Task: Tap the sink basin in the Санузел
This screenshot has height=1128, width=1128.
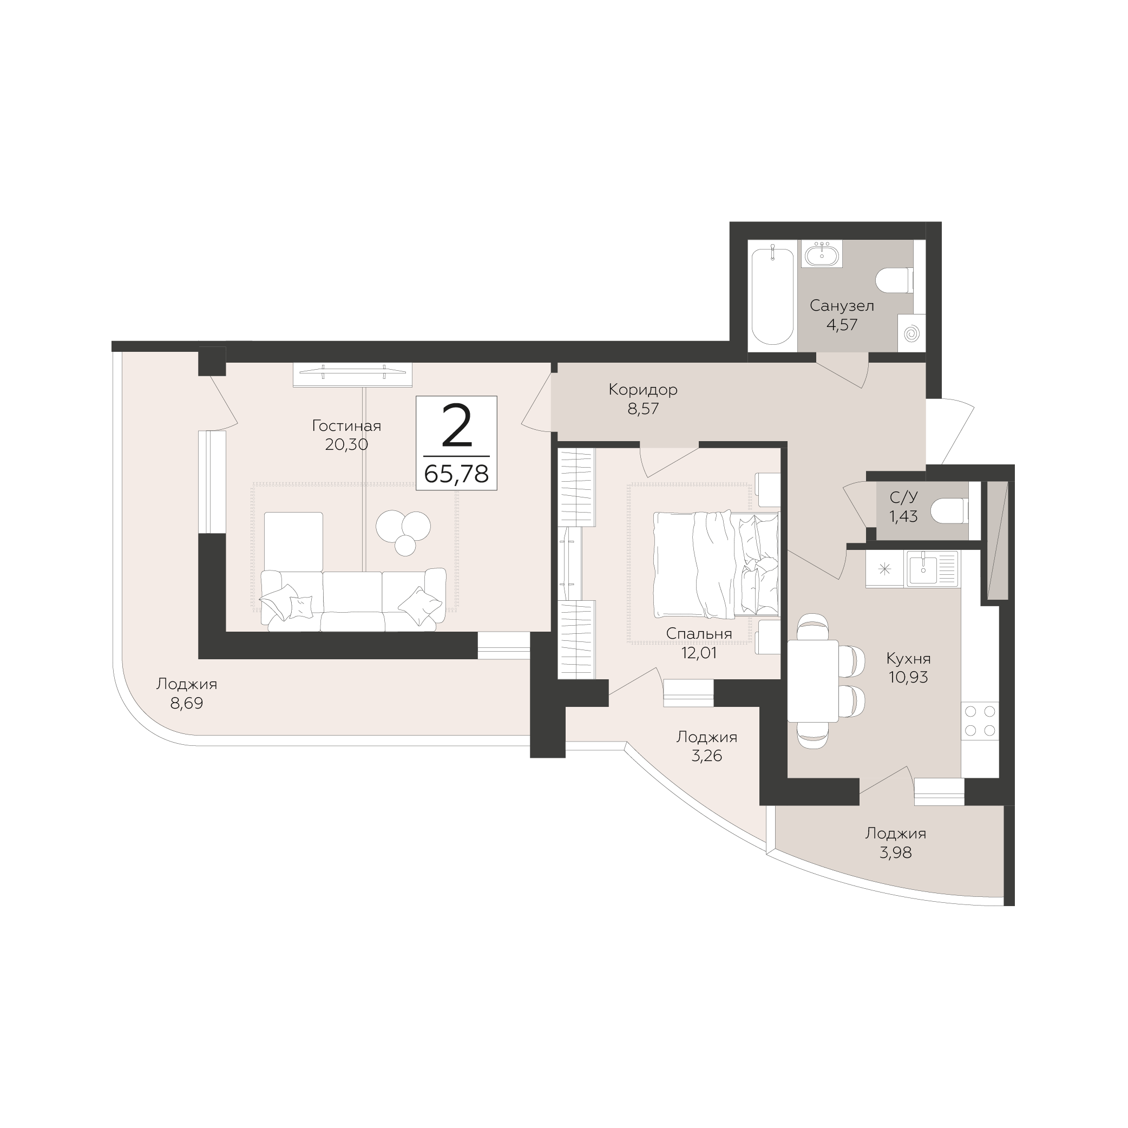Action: point(822,253)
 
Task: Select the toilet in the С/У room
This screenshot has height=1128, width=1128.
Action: point(949,511)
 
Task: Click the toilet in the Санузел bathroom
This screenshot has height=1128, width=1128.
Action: point(895,280)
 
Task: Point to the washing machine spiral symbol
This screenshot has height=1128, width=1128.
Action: point(911,334)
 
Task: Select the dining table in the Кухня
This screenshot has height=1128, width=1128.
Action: point(814,681)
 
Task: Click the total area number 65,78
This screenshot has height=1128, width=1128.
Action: point(457,474)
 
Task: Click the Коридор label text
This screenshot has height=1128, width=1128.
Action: point(643,389)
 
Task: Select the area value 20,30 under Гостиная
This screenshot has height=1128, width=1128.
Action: point(347,445)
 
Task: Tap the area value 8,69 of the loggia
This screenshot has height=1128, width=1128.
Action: point(187,704)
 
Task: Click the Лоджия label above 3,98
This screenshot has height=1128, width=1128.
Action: point(896,834)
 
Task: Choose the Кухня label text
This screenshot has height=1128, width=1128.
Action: point(908,659)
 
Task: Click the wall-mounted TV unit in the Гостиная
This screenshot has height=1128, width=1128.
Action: point(353,374)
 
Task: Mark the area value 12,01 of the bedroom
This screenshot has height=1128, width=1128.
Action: point(699,653)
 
